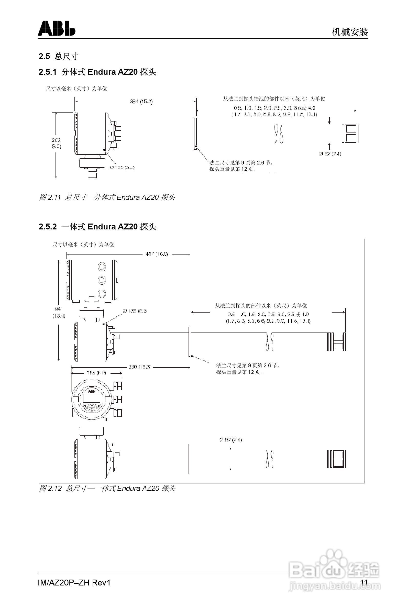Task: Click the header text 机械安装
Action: click(349, 32)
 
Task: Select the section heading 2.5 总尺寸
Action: click(59, 56)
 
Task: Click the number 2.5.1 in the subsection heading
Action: click(47, 72)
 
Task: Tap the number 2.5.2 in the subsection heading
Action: click(47, 227)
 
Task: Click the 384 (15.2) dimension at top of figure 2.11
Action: click(141, 102)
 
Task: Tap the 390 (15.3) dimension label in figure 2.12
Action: click(139, 367)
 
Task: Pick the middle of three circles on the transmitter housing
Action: click(102, 280)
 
